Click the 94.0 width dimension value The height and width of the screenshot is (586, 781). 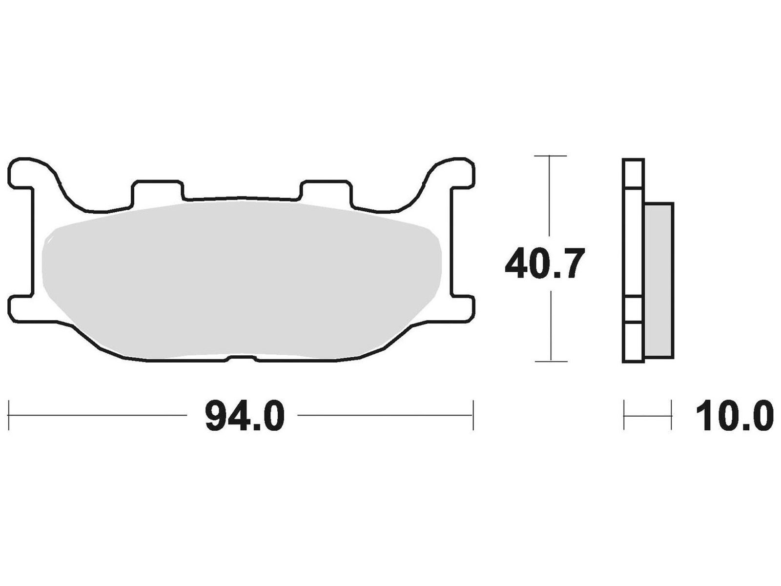tap(245, 415)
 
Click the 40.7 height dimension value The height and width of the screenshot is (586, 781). tap(545, 263)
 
